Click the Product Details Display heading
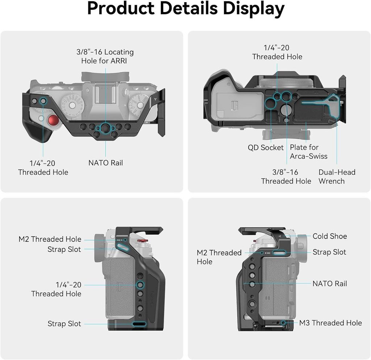coord(186,9)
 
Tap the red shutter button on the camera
coord(53,120)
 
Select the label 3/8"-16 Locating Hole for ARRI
coord(105,56)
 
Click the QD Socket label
coord(266,148)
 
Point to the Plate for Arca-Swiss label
coord(309,152)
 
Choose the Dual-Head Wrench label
coord(337,177)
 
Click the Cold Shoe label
coord(330,236)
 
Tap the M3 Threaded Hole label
coord(330,323)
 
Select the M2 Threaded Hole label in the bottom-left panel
coord(50,239)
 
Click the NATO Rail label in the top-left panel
coord(105,163)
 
